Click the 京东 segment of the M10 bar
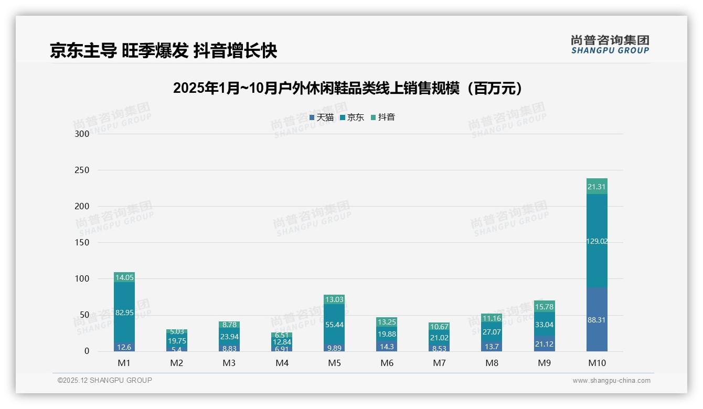597,241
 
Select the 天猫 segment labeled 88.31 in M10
597,319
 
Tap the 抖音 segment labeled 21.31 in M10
597,187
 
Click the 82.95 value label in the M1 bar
124,313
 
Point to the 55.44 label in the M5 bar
334,325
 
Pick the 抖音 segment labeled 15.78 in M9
544,306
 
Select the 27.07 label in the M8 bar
492,332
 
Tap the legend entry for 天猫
322,117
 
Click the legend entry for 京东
352,117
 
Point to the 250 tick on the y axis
82,170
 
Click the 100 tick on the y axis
82,279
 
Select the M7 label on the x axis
439,363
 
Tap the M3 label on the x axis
229,363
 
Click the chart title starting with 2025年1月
350,88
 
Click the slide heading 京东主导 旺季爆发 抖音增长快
163,51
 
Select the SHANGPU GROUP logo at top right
610,45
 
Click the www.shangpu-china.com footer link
611,381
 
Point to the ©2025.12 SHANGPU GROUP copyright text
105,381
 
